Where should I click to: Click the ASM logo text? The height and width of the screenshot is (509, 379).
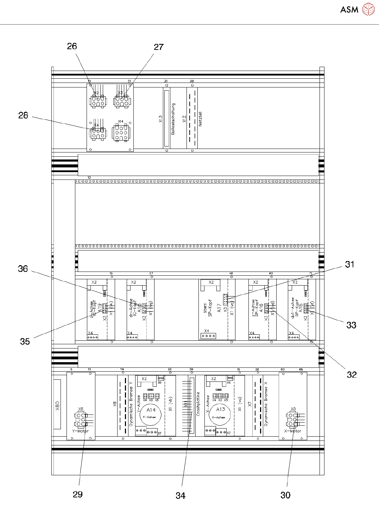349,9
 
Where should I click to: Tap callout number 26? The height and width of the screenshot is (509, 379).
72,46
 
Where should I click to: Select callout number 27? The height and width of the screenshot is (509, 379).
159,47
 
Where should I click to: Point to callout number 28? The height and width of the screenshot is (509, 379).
23,116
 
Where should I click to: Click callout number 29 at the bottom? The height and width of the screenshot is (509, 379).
78,495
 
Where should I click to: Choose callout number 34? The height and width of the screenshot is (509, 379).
181,496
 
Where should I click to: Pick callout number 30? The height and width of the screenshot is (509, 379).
285,495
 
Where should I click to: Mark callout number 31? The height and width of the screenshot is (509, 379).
349,265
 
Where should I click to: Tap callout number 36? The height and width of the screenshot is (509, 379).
23,269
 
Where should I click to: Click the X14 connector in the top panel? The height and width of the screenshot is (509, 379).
121,133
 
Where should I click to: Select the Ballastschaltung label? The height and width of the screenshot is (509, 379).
173,119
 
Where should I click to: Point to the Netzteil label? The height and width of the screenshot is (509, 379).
200,119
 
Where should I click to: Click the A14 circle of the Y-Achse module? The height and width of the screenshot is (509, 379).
151,413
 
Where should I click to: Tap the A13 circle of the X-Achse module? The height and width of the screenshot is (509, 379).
220,413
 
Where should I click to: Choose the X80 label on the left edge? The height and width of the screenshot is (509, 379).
57,406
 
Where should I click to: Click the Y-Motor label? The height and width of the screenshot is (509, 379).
81,431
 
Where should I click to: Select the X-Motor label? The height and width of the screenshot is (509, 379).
293,431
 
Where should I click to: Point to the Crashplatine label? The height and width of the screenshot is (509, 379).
198,404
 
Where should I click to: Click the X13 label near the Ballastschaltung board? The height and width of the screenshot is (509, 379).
160,119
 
